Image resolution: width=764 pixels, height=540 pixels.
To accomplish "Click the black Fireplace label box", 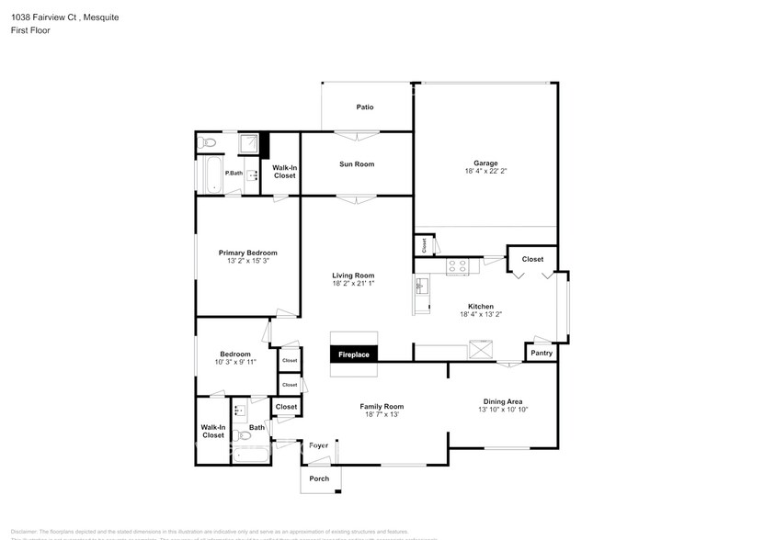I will pos(354,354).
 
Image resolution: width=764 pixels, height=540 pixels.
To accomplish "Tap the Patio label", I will pos(365,107).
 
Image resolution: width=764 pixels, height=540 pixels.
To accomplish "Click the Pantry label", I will pos(542,353).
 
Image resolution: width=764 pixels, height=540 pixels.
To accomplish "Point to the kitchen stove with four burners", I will pos(457,266).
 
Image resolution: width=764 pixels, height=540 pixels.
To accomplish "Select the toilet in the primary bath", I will pos(208,142).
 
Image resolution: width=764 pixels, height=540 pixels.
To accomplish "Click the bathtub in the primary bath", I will pos(211,174).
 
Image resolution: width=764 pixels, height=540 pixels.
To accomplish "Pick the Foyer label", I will pos(318,445).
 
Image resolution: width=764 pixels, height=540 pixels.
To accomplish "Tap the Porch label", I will pos(319,478).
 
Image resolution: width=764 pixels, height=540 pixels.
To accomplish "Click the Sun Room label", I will pos(357,164).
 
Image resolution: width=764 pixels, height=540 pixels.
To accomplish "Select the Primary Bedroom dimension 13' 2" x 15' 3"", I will pos(247,261).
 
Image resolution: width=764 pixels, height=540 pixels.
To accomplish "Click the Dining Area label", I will pos(503,401).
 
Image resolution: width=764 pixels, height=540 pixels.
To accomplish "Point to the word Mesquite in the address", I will pos(101,17).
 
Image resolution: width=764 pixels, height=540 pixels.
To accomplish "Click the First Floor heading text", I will pos(31,30).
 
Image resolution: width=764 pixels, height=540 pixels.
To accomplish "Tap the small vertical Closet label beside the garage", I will pos(424,245).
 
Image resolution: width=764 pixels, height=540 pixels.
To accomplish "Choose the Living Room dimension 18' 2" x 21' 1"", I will pos(353,284).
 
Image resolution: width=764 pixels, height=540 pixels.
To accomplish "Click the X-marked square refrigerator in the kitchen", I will pos(482,349).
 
